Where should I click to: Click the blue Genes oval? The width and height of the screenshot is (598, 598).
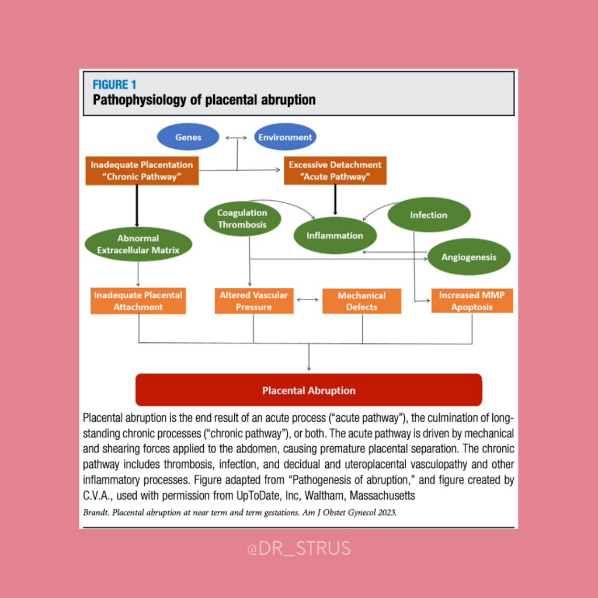click(188, 138)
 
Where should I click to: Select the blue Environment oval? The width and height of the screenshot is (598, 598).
click(286, 138)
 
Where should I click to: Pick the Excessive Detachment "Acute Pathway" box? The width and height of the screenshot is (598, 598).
click(335, 171)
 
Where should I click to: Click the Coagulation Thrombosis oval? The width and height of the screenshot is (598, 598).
click(242, 219)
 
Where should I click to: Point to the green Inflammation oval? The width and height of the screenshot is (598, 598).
click(335, 235)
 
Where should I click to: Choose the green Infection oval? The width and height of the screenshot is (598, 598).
click(429, 215)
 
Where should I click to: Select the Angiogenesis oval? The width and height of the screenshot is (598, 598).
click(469, 257)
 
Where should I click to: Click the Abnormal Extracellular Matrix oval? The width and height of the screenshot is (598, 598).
click(138, 244)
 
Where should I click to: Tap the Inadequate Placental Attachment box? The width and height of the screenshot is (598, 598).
click(138, 301)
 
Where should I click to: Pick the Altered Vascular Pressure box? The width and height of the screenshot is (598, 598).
click(253, 301)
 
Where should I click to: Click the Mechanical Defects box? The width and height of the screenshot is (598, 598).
click(361, 301)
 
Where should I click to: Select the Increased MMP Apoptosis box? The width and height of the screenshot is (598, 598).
click(472, 301)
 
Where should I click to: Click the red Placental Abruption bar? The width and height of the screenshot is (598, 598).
click(308, 390)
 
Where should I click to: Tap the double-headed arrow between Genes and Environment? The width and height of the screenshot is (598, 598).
click(237, 138)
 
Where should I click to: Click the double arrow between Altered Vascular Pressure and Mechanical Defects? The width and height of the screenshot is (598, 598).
click(308, 300)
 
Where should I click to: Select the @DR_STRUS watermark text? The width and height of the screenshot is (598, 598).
click(298, 548)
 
